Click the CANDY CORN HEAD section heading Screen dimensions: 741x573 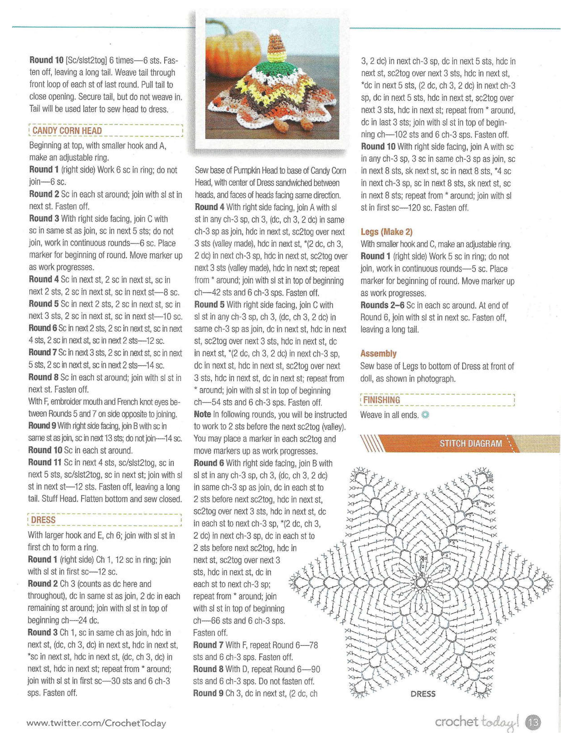[x=67, y=131]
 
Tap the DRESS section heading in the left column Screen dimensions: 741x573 [x=43, y=520]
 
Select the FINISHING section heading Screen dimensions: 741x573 [x=382, y=400]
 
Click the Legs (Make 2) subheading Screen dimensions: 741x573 [x=386, y=232]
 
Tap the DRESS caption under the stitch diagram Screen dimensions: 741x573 [x=423, y=694]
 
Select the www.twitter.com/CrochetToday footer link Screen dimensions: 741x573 [x=96, y=723]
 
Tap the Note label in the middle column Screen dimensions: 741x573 [x=202, y=414]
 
